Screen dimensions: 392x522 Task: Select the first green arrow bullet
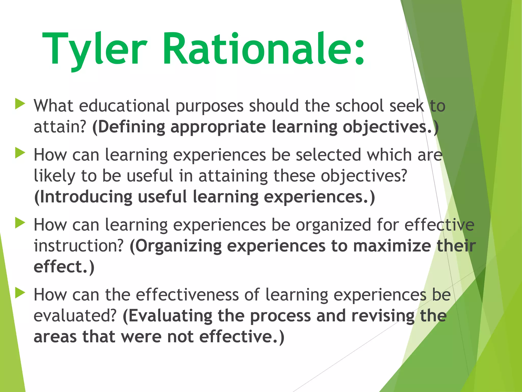20,104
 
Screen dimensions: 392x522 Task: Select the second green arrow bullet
20,153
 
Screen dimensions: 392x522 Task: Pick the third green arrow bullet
20,223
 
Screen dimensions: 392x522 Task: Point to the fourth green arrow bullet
20,293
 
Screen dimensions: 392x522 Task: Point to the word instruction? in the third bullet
79,246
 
